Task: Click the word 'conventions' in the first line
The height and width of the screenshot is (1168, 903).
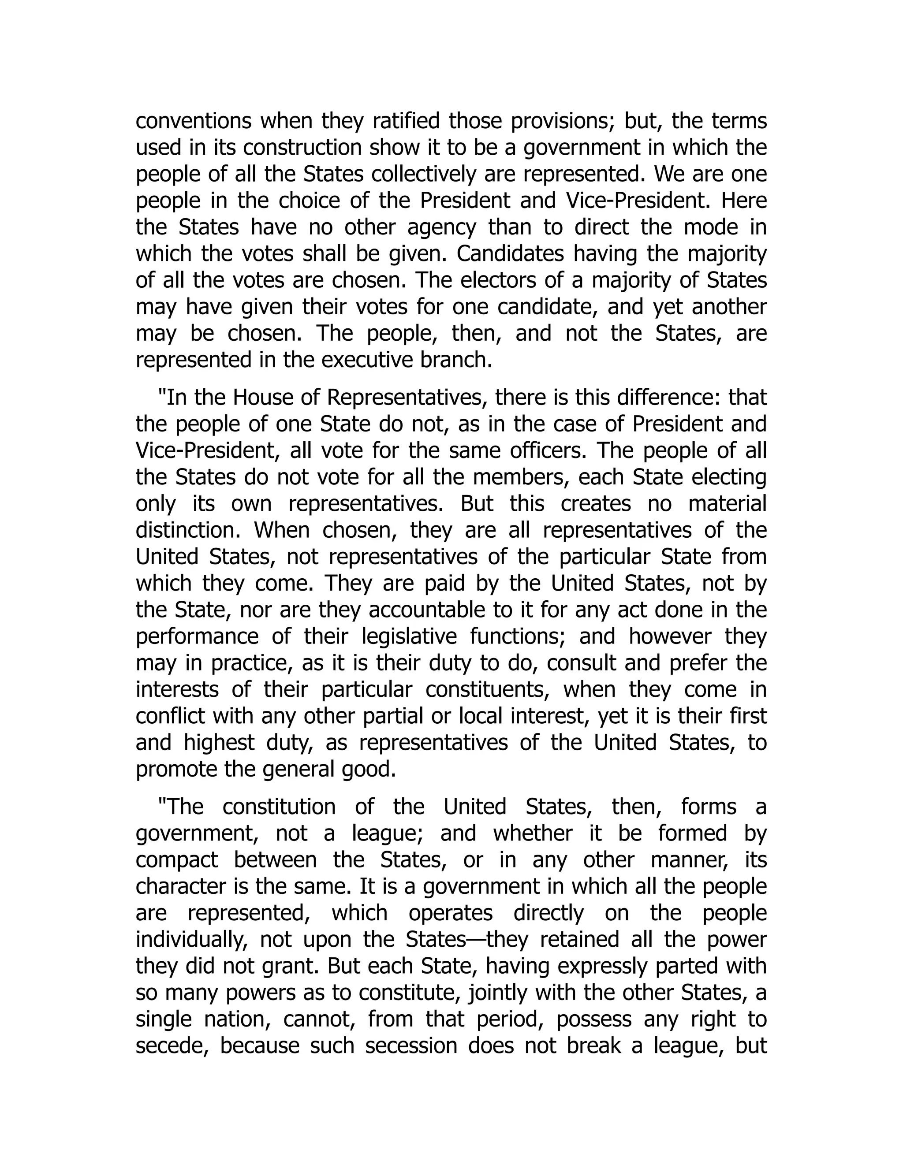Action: [193, 121]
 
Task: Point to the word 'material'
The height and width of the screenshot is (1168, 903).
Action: [727, 504]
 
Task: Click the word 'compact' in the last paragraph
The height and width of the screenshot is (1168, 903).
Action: [176, 860]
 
